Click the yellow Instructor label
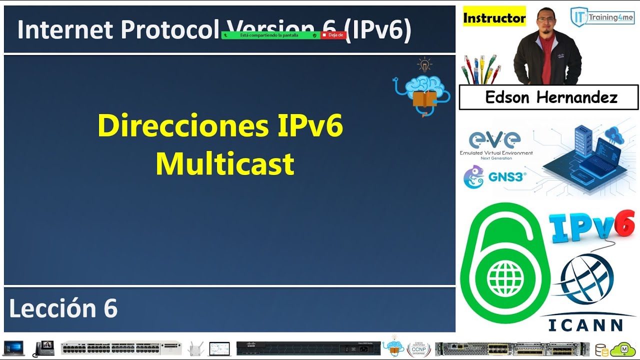click(494, 18)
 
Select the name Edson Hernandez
click(551, 97)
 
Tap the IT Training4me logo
click(602, 17)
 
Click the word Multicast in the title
click(224, 163)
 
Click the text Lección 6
click(63, 308)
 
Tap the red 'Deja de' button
click(333, 35)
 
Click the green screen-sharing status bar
click(270, 35)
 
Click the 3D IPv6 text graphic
click(592, 226)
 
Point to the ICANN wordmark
click(585, 325)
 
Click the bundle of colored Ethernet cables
click(480, 69)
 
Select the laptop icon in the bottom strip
click(14, 348)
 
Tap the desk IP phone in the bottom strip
click(43, 348)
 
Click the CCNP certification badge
click(418, 348)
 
